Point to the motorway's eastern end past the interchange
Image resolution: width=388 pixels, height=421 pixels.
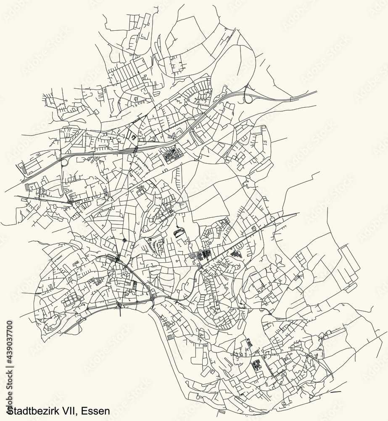(315, 91)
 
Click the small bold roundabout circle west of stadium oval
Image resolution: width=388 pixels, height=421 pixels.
(125, 240)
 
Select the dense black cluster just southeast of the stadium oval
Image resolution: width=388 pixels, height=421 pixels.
(204, 255)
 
